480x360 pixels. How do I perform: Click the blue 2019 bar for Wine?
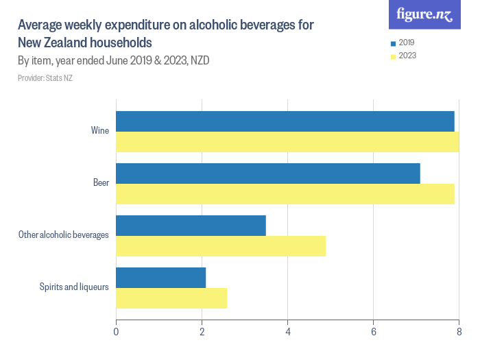[x=285, y=121]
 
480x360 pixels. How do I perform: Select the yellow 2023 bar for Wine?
[x=287, y=142]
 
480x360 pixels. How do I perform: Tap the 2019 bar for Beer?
[x=267, y=173]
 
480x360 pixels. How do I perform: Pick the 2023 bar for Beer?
[x=285, y=194]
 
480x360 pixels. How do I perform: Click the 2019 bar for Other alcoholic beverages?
[x=191, y=226]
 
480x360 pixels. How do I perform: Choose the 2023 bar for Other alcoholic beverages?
[x=221, y=246]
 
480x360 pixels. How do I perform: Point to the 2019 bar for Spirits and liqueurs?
[x=160, y=278]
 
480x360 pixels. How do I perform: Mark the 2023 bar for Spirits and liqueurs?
[x=171, y=298]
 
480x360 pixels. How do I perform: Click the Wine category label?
[x=99, y=130]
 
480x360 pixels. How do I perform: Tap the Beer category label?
[x=101, y=182]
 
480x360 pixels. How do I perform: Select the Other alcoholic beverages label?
[x=64, y=235]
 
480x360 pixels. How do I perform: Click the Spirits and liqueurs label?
[x=74, y=287]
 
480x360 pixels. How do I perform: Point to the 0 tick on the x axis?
[x=116, y=333]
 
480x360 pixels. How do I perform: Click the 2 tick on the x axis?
[x=202, y=333]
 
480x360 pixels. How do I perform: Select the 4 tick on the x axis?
[x=287, y=333]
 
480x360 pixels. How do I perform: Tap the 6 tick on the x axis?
[x=373, y=333]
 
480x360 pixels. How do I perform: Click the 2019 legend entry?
[x=403, y=43]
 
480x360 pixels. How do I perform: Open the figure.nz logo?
[x=424, y=14]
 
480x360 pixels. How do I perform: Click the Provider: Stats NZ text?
[x=45, y=78]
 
